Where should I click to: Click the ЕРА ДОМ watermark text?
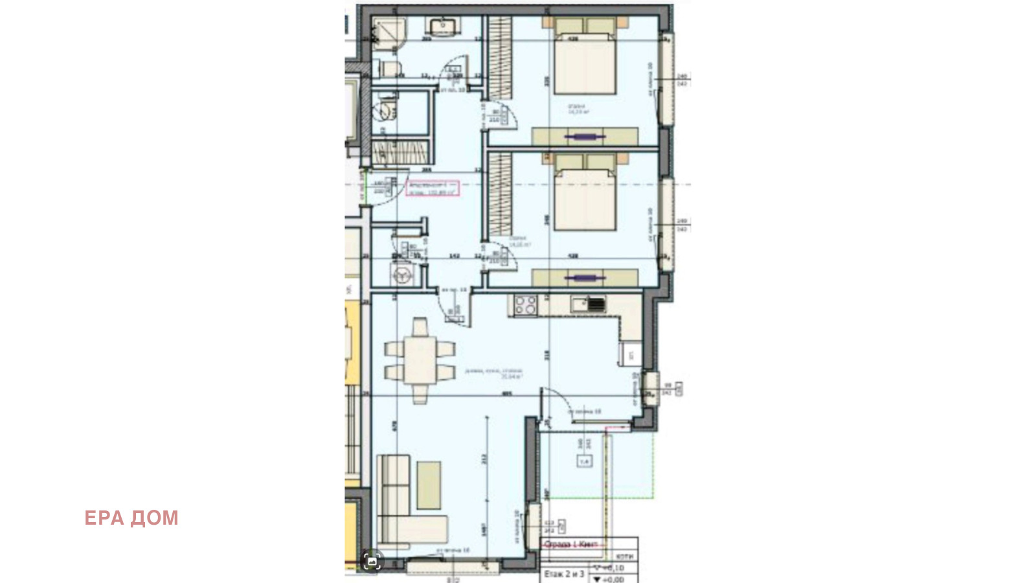pyautogui.click(x=131, y=518)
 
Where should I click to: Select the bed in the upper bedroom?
pyautogui.click(x=585, y=62)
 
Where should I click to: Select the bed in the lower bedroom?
pyautogui.click(x=585, y=198)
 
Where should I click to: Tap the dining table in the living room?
pyautogui.click(x=420, y=360)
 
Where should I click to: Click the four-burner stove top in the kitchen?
pyautogui.click(x=524, y=304)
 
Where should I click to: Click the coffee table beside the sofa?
pyautogui.click(x=429, y=484)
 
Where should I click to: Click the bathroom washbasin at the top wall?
pyautogui.click(x=443, y=27)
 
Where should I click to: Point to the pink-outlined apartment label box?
pyautogui.click(x=433, y=189)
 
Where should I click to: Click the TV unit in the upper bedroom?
pyautogui.click(x=585, y=137)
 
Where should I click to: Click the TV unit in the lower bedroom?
pyautogui.click(x=585, y=278)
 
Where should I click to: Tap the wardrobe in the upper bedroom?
pyautogui.click(x=499, y=58)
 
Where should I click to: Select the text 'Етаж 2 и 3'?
pyautogui.click(x=564, y=574)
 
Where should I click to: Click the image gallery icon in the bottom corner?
pyautogui.click(x=372, y=561)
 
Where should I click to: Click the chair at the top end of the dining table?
pyautogui.click(x=420, y=326)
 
